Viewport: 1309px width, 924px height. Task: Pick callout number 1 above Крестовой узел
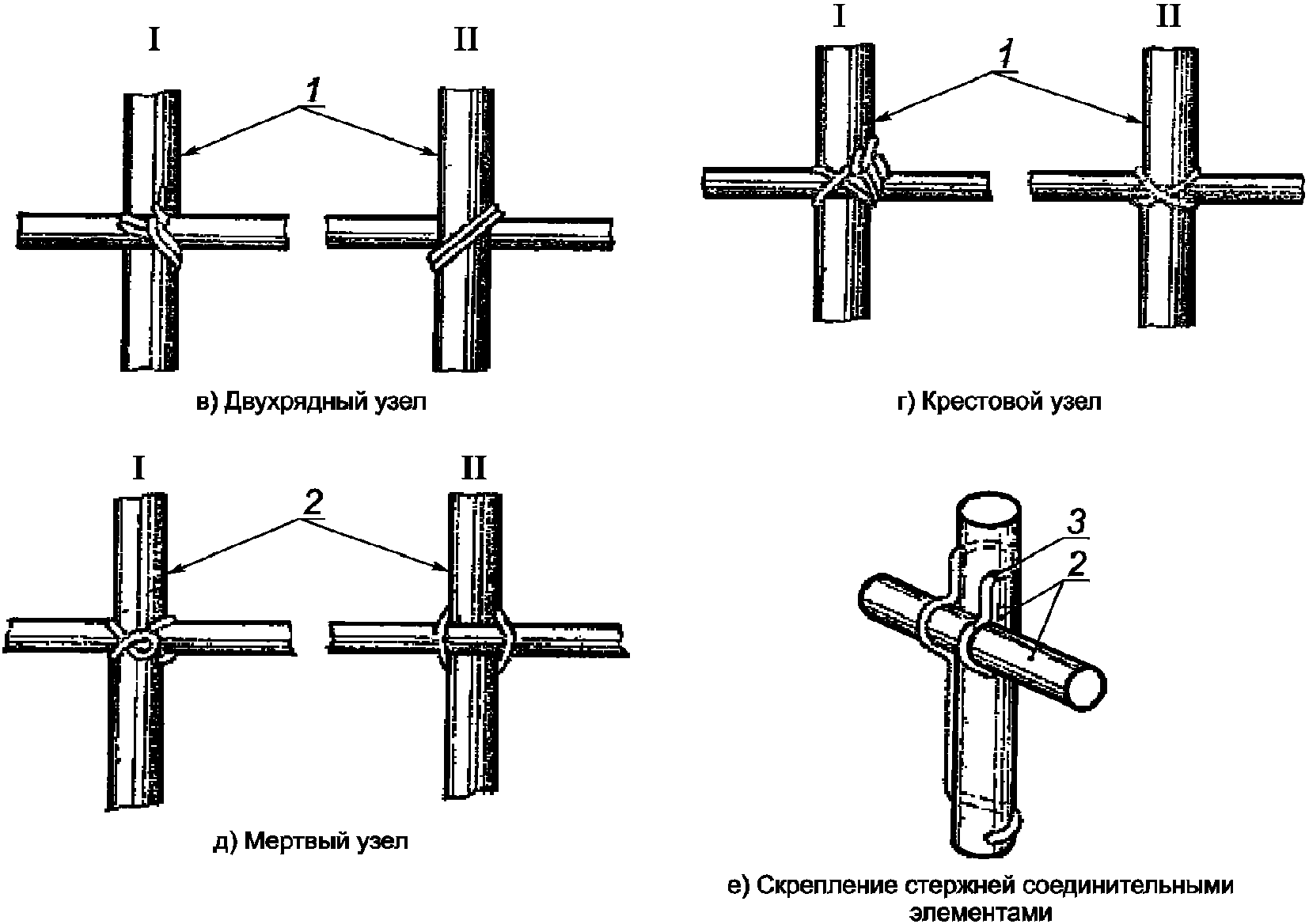point(1004,55)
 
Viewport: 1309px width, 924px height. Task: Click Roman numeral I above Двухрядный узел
point(154,39)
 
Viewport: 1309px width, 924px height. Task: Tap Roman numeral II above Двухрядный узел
point(465,39)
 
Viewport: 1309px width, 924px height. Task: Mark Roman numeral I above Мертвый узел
point(138,469)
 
